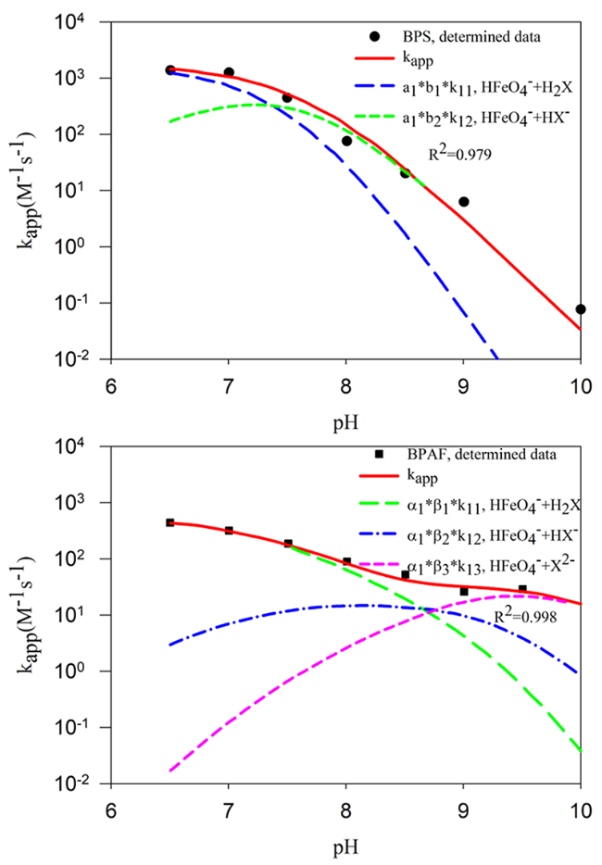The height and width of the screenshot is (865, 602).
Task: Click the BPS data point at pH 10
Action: click(580, 309)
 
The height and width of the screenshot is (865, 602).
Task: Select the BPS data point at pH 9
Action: click(463, 202)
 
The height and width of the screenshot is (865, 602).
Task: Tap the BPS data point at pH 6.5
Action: click(170, 70)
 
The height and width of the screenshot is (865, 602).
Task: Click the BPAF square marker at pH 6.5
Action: click(170, 522)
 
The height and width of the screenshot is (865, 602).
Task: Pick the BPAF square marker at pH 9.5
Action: click(522, 589)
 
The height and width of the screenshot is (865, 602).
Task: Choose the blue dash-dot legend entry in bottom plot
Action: click(472, 536)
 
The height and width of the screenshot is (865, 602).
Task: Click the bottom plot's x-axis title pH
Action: click(345, 846)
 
